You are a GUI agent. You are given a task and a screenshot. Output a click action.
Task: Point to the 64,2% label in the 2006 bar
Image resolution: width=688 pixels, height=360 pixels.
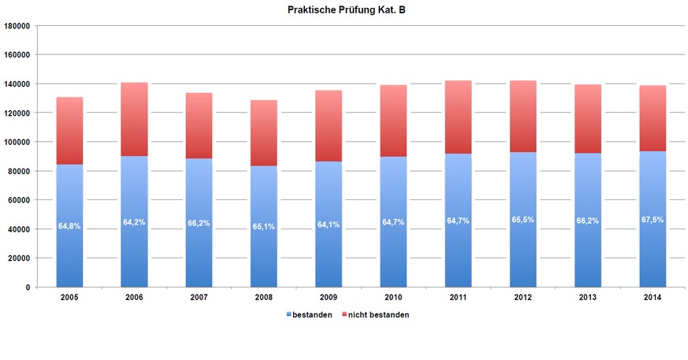134,223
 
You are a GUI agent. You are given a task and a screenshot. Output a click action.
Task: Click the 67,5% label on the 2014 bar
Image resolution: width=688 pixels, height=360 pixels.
652,220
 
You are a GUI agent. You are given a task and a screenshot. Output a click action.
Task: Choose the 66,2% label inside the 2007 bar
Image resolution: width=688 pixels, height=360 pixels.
199,223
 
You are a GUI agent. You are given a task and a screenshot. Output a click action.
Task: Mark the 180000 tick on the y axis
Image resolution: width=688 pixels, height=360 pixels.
17,26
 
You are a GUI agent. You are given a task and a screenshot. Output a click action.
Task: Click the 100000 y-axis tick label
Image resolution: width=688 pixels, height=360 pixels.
17,143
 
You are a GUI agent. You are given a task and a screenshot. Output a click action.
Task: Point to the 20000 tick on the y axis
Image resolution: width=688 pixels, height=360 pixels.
19,258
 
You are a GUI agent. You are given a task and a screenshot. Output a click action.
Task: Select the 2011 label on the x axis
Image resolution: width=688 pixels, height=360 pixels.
458,297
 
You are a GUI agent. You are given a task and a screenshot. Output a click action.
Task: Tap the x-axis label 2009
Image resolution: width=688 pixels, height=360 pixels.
328,297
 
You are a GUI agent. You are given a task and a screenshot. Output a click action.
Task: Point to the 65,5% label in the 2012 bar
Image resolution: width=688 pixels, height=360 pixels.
523,220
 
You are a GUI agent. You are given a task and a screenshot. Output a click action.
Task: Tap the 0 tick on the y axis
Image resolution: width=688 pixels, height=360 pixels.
28,288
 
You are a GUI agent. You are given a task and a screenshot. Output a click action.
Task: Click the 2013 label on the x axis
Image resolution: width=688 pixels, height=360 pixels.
587,297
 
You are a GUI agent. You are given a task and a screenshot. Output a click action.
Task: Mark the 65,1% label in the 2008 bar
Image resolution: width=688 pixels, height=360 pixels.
263,225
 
